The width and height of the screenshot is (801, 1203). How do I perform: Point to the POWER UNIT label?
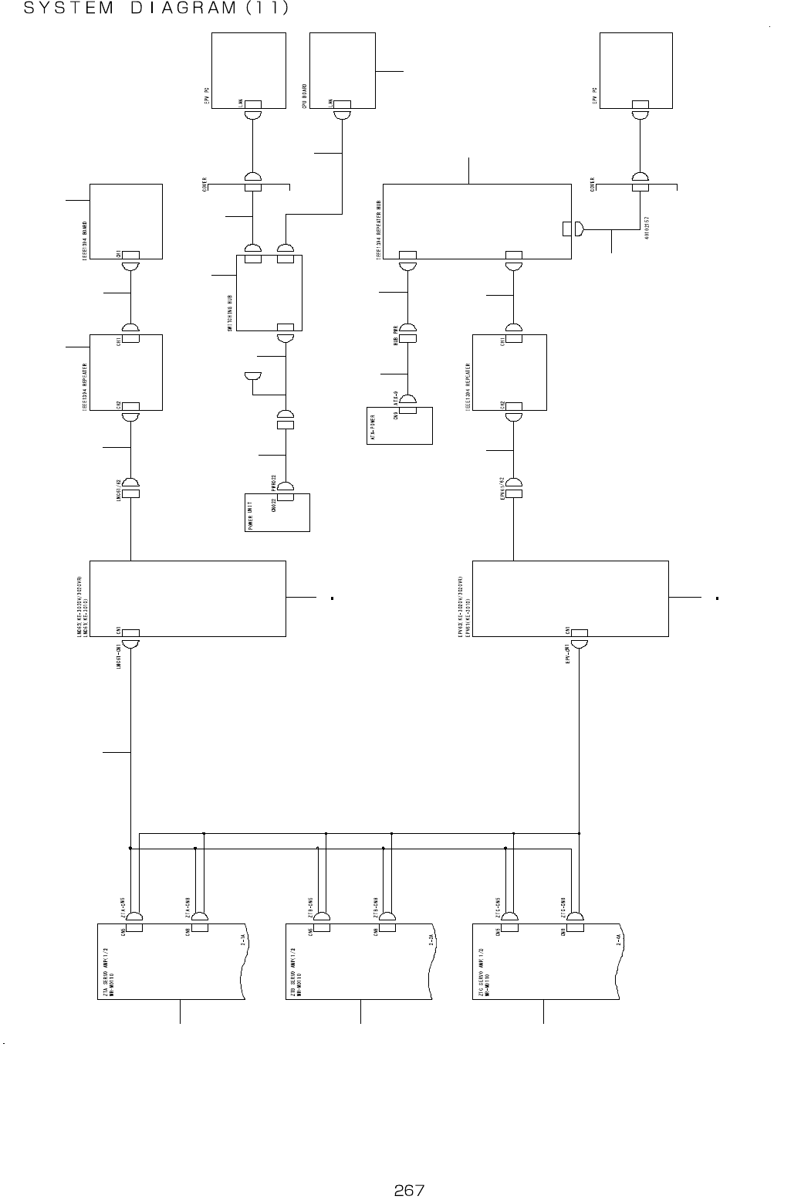coord(250,514)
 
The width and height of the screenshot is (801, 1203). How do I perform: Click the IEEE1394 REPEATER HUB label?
coord(378,228)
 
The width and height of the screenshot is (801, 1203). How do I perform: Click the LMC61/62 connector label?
coord(117,490)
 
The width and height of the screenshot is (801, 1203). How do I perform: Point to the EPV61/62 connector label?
coord(502,489)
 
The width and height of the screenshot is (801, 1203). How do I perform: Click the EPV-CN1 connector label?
coord(567,652)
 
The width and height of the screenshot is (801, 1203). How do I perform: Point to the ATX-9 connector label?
coord(395,398)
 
